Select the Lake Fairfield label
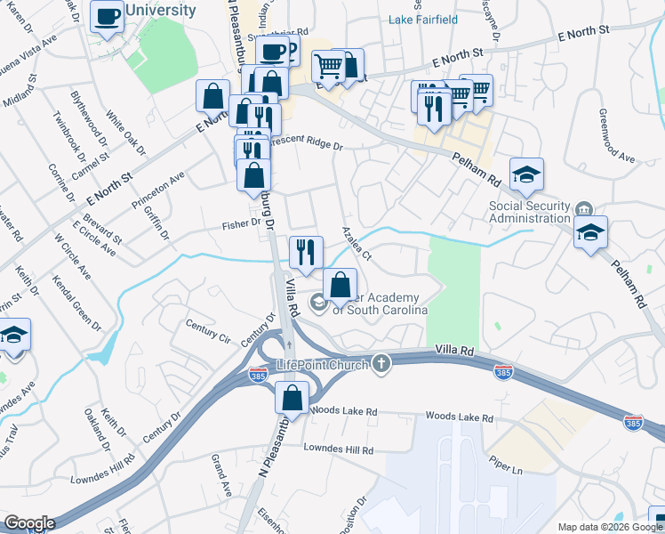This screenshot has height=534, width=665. pos(423,19)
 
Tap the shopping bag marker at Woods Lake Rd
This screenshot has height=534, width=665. pos(292,398)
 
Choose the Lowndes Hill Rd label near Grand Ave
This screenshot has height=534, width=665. pos(339,450)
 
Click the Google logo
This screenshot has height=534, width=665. pos(28,523)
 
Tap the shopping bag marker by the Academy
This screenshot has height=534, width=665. pos(340,285)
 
